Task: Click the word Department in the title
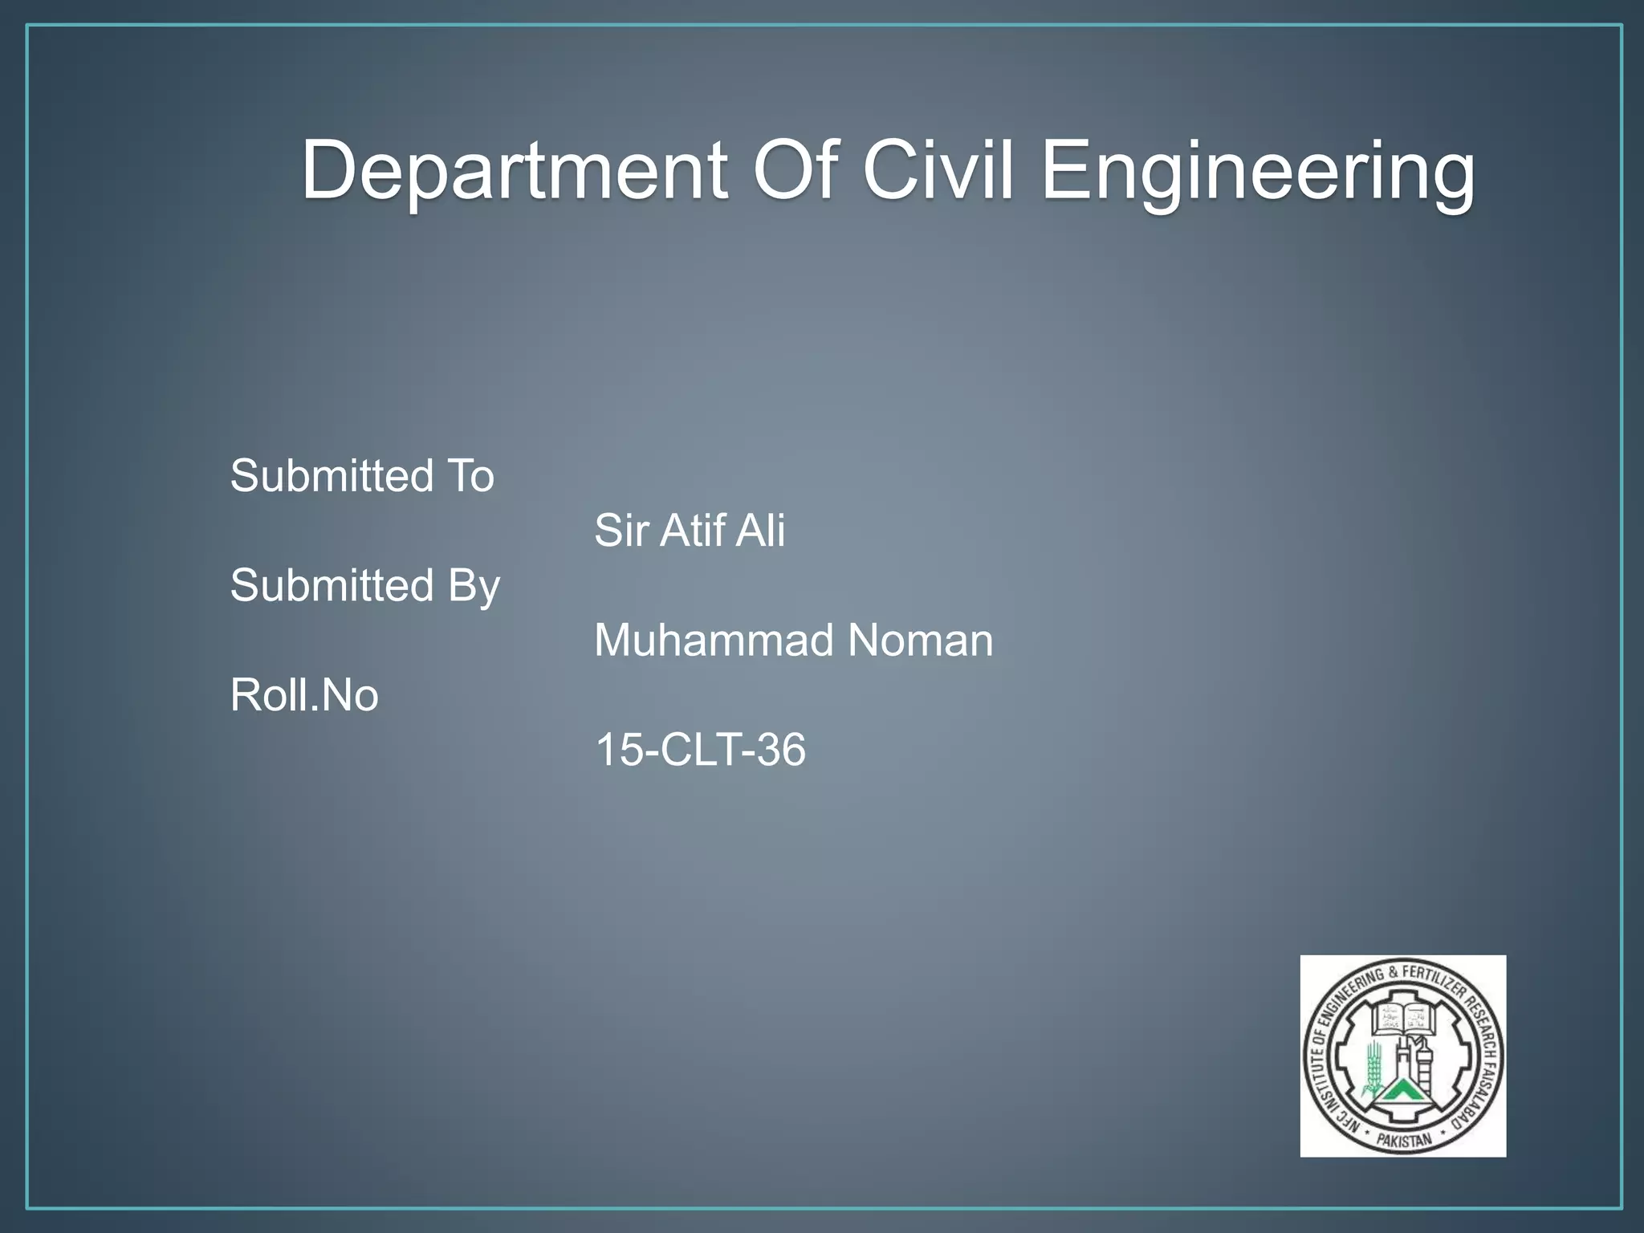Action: pos(514,170)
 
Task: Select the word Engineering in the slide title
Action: pos(1257,170)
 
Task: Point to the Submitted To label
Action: pos(362,476)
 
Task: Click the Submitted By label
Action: pos(364,585)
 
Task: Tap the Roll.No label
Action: pos(304,695)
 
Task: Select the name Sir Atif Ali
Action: pos(689,531)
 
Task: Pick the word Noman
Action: pos(920,641)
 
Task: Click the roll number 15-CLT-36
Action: pos(699,750)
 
